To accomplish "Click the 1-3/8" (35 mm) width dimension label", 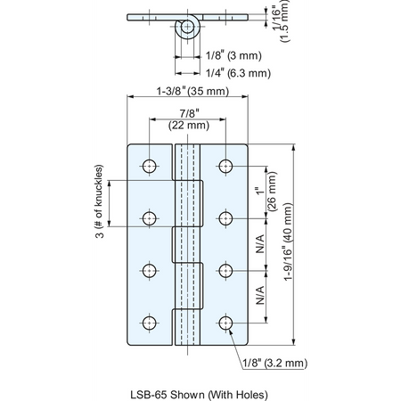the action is [x=192, y=91].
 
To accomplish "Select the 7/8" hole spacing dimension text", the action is [x=189, y=113].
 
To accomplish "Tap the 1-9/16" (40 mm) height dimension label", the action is [x=288, y=241].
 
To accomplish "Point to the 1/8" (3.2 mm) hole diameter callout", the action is [x=275, y=363].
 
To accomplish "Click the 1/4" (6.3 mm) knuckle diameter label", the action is [x=238, y=73].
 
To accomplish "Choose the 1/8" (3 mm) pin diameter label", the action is [x=233, y=55].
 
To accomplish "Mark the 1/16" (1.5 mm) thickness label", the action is [x=280, y=20].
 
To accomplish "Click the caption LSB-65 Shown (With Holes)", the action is [x=199, y=395].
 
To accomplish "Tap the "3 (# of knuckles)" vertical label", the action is [x=100, y=201].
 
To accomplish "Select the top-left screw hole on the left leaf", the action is [x=150, y=166].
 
